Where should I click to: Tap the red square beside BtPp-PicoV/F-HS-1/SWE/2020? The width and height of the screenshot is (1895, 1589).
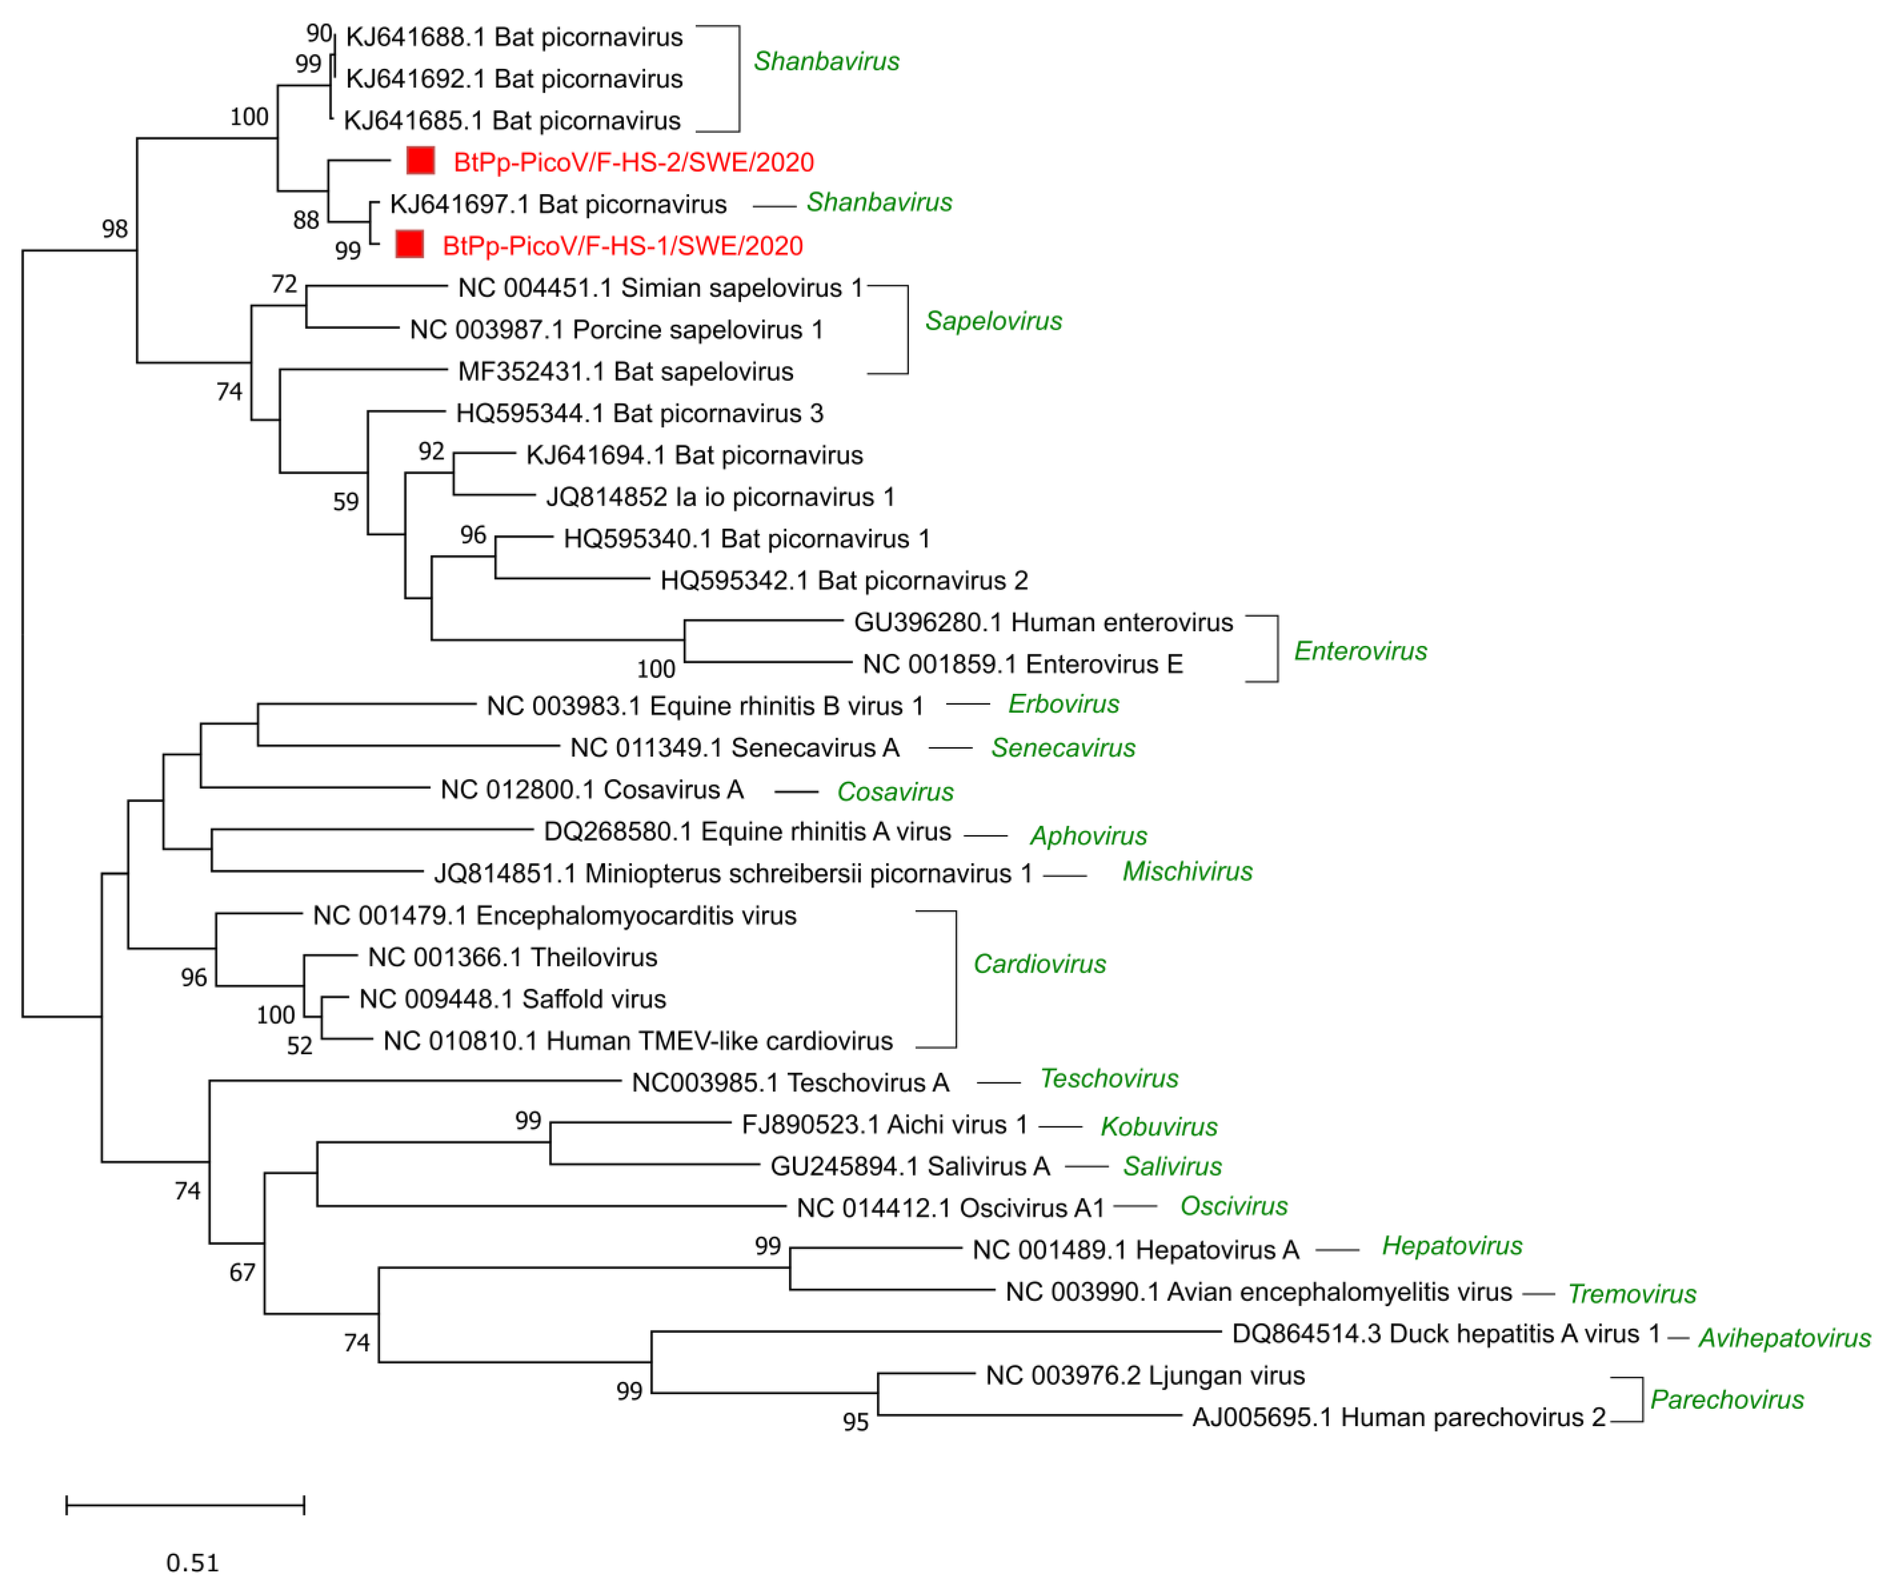(410, 245)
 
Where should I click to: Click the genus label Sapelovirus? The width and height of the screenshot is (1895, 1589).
(994, 321)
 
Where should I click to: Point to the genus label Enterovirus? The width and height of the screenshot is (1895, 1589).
(1360, 651)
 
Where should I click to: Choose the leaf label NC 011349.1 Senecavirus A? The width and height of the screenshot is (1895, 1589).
(734, 748)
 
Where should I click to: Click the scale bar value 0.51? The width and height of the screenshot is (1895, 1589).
(192, 1563)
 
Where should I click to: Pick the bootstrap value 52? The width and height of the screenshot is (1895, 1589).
(300, 1046)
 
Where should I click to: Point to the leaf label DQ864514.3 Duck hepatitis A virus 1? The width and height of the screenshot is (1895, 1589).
(1446, 1335)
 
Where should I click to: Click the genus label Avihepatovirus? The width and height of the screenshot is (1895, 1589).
(1784, 1338)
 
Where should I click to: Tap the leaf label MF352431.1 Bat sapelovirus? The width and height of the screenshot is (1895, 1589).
(625, 372)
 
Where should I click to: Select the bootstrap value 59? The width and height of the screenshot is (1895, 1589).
(345, 502)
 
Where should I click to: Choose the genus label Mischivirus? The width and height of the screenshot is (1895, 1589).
(1188, 872)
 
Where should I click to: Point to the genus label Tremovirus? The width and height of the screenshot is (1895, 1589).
(1632, 1294)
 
